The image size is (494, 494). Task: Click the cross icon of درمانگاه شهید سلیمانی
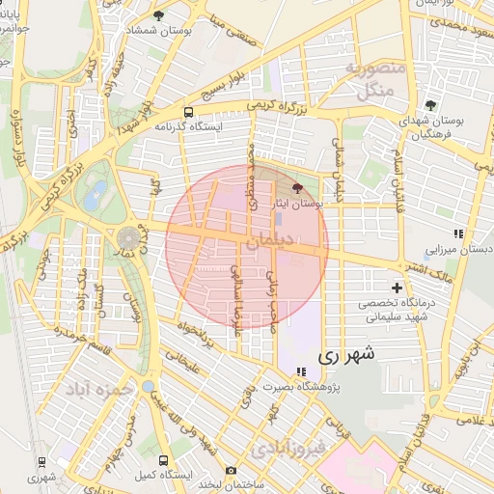(x=397, y=288)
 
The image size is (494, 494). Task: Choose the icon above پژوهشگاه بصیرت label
(x=301, y=370)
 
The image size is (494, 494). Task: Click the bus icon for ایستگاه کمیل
(x=163, y=460)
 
